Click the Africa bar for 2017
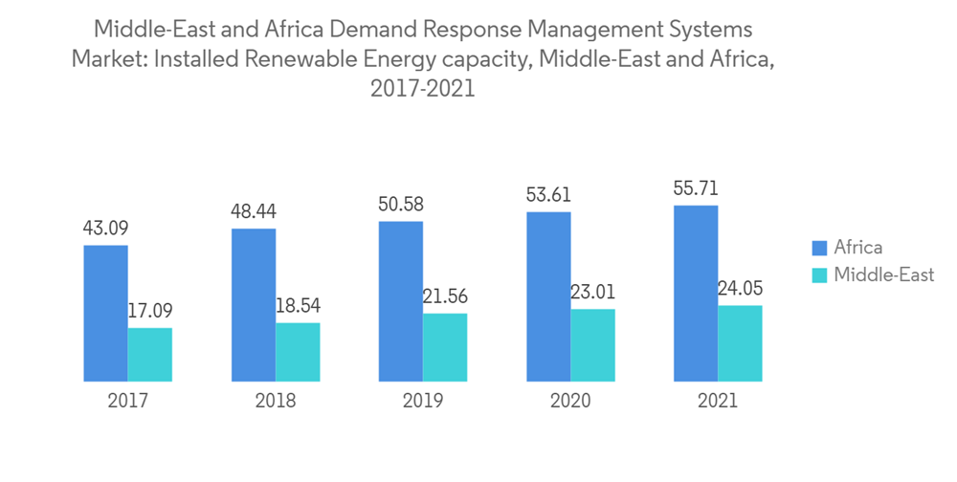[x=105, y=314]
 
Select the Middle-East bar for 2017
[x=150, y=355]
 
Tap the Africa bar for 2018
[x=254, y=305]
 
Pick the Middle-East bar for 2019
[x=445, y=347]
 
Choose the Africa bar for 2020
[x=548, y=296]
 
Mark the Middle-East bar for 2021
[x=740, y=343]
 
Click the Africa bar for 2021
[x=696, y=293]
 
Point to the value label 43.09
[x=105, y=229]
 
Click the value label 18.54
[x=298, y=306]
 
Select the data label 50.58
[x=401, y=205]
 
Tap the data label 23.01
[x=593, y=293]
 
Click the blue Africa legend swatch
[x=819, y=249]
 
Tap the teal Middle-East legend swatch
[x=819, y=275]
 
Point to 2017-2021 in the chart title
[x=422, y=90]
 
